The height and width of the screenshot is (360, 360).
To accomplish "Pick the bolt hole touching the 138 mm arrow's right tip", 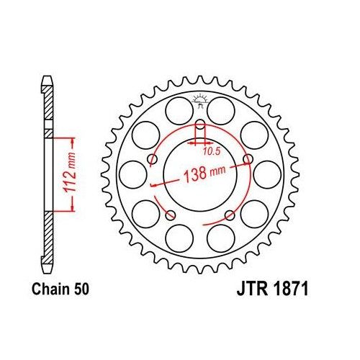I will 248,159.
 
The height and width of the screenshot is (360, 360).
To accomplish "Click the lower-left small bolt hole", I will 171,214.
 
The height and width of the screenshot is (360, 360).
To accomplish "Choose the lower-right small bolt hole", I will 230,214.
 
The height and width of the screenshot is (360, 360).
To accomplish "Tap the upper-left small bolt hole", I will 152,159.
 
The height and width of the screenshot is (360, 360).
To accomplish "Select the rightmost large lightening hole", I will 267,174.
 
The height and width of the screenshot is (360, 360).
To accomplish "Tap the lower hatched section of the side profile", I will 48,238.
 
